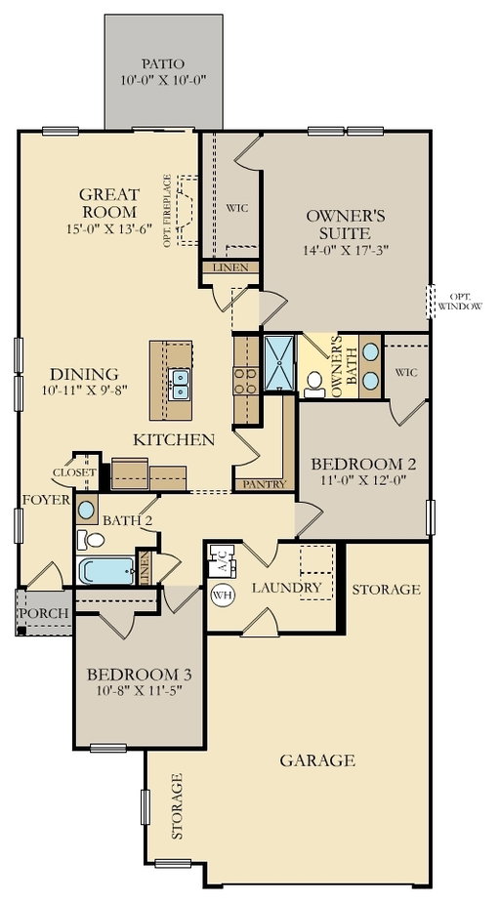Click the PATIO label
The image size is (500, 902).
(x=163, y=63)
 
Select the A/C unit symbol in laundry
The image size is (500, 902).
(x=222, y=561)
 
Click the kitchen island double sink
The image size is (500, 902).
(x=180, y=385)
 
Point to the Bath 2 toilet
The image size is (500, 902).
(x=92, y=540)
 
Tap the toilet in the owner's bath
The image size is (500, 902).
(x=314, y=385)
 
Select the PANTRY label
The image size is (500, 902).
(x=264, y=484)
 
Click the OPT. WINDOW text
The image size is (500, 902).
(x=460, y=302)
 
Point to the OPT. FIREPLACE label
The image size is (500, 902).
(x=167, y=211)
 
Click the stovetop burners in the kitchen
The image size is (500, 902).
(x=246, y=381)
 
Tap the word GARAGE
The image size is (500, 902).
(x=317, y=760)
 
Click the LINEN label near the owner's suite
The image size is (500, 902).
(x=230, y=267)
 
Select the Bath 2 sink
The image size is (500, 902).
(x=86, y=510)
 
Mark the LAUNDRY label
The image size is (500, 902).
(x=286, y=588)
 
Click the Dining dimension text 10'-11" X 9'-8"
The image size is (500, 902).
(x=84, y=390)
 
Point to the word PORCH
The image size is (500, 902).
(x=44, y=613)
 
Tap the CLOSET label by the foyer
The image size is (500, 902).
(x=74, y=472)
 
